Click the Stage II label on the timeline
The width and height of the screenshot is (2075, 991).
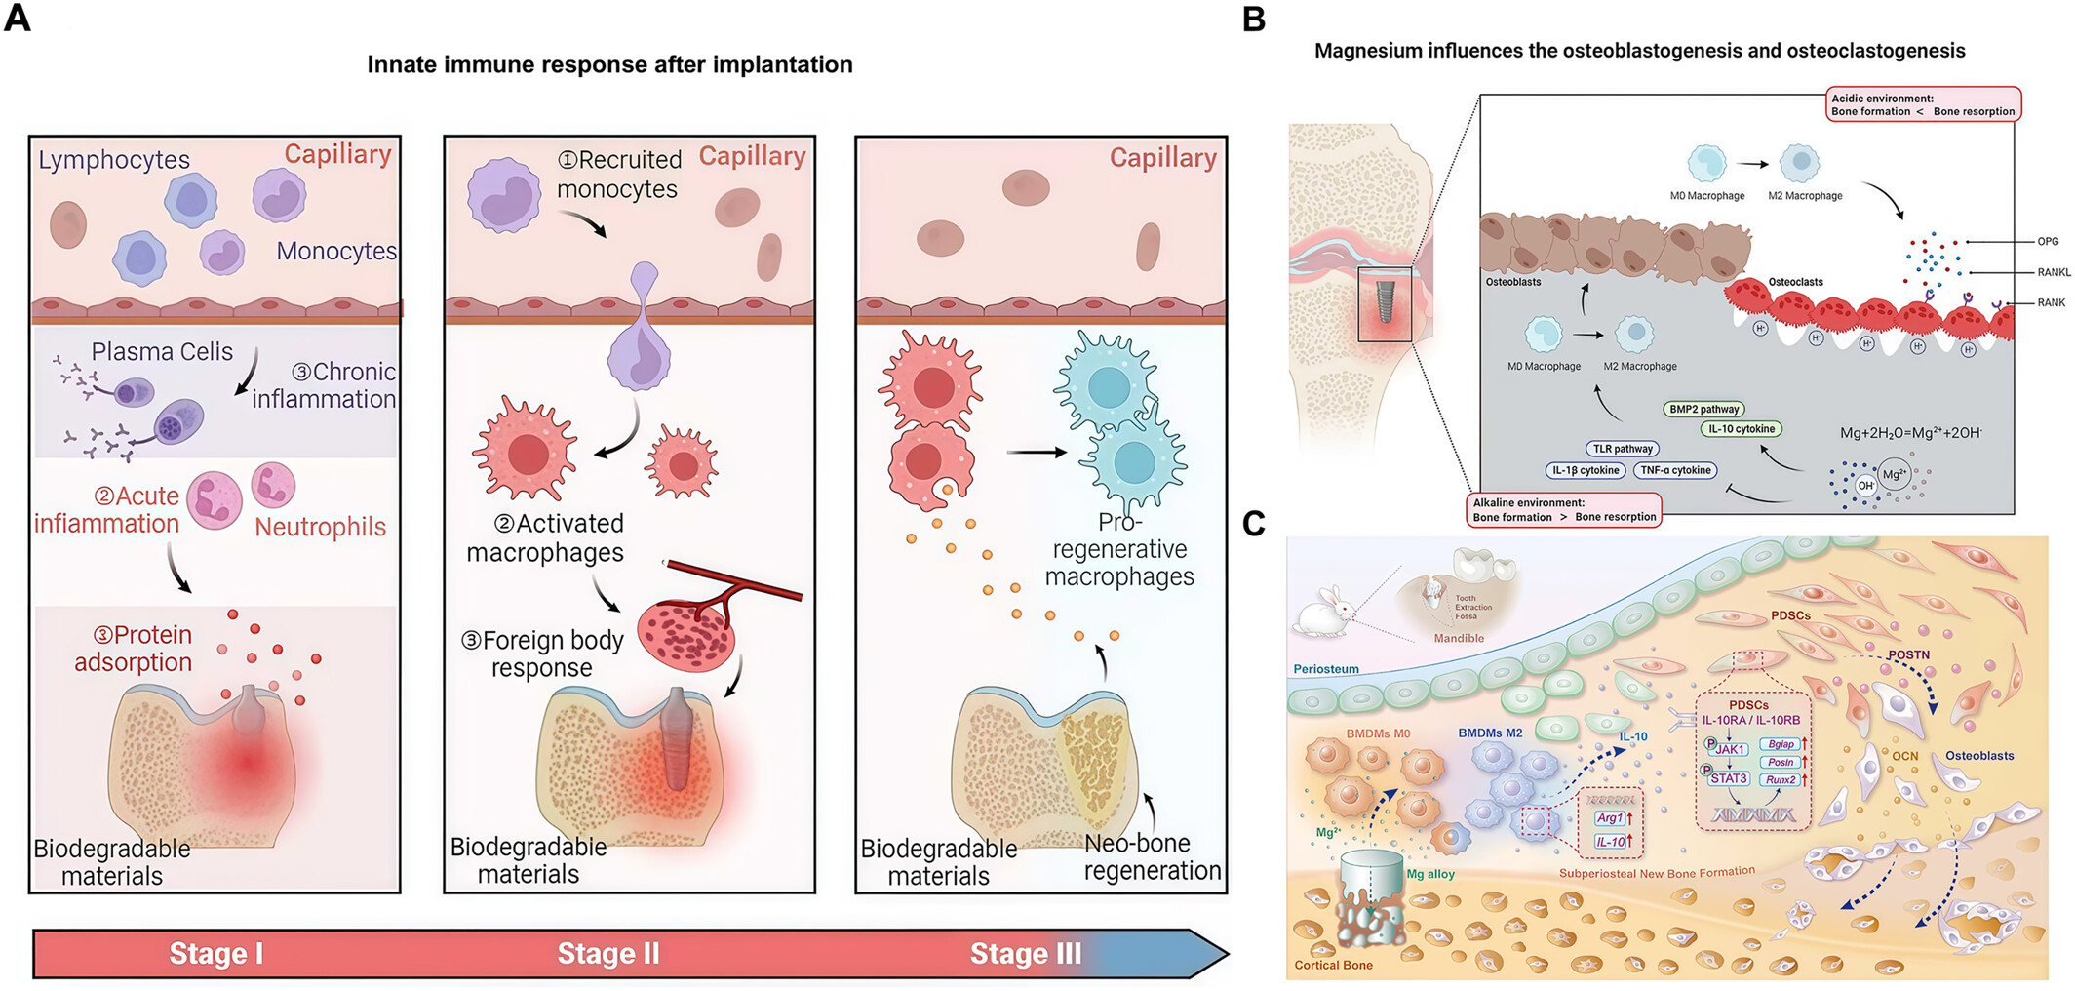coord(608,953)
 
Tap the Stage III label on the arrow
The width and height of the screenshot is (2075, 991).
coord(1025,953)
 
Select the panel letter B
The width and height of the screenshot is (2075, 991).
coord(1254,20)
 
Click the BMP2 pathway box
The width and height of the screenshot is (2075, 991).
coord(1703,410)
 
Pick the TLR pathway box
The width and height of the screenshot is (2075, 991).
coord(1623,449)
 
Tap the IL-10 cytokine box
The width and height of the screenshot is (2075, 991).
coord(1742,429)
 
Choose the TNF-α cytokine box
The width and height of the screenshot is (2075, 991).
coord(1675,470)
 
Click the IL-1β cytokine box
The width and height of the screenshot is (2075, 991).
coord(1586,470)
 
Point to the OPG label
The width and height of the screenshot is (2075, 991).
coord(2048,242)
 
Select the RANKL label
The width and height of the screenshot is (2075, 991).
coord(2054,273)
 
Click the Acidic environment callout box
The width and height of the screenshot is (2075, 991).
coord(1922,104)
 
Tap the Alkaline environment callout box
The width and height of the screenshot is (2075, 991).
coord(1564,510)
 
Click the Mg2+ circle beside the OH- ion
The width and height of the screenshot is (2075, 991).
coord(1894,475)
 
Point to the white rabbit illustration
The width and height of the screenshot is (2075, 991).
coord(1323,615)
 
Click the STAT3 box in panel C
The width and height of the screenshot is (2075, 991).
coord(1728,778)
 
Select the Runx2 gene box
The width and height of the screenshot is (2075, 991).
coord(1781,779)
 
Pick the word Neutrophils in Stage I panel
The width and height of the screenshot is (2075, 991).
coord(320,528)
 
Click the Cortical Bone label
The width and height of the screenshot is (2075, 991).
coord(1333,965)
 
